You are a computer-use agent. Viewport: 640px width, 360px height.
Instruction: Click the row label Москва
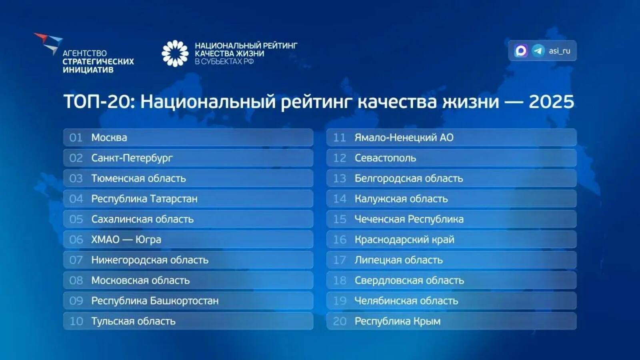[x=109, y=138]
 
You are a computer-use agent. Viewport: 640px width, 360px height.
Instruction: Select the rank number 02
[x=76, y=158]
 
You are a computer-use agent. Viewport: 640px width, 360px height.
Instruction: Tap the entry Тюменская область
[x=138, y=178]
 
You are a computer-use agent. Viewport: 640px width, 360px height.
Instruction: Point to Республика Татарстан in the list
[x=144, y=199]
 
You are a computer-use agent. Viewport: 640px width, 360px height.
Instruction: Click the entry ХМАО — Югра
[x=126, y=240]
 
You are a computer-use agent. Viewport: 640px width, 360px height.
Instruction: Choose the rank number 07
[x=76, y=260]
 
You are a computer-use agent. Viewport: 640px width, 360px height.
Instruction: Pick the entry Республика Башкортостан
[x=155, y=301]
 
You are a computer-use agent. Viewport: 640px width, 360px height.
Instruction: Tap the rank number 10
[x=76, y=321]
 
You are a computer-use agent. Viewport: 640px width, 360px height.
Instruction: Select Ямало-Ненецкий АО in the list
[x=404, y=138]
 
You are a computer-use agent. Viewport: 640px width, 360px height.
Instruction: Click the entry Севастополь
[x=385, y=158]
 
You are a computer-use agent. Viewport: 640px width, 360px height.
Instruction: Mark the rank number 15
[x=340, y=219]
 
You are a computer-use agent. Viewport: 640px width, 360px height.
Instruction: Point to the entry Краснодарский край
[x=404, y=240]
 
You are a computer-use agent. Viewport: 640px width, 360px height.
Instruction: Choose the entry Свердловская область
[x=409, y=280]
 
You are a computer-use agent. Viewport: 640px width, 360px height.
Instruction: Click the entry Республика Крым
[x=398, y=321]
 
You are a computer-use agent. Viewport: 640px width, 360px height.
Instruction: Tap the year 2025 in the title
[x=551, y=102]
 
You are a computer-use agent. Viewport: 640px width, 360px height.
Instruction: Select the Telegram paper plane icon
[x=538, y=51]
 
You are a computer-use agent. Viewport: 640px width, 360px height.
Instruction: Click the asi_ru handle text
[x=559, y=51]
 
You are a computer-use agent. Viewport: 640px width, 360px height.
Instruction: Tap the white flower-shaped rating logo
[x=175, y=53]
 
